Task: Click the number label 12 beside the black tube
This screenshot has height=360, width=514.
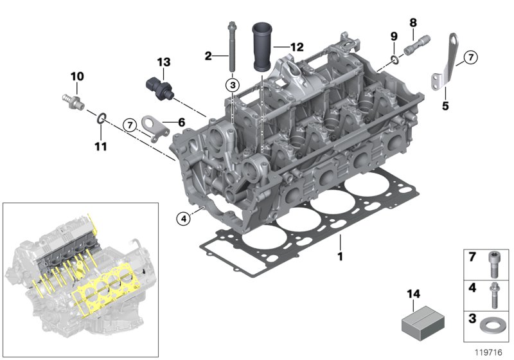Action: coord(296,47)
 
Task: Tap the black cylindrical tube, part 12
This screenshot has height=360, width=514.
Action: coord(262,48)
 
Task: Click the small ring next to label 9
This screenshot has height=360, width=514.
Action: coord(393,60)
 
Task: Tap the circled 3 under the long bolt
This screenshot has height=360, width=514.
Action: coord(231,85)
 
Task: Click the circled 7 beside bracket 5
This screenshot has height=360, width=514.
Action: coord(470,58)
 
